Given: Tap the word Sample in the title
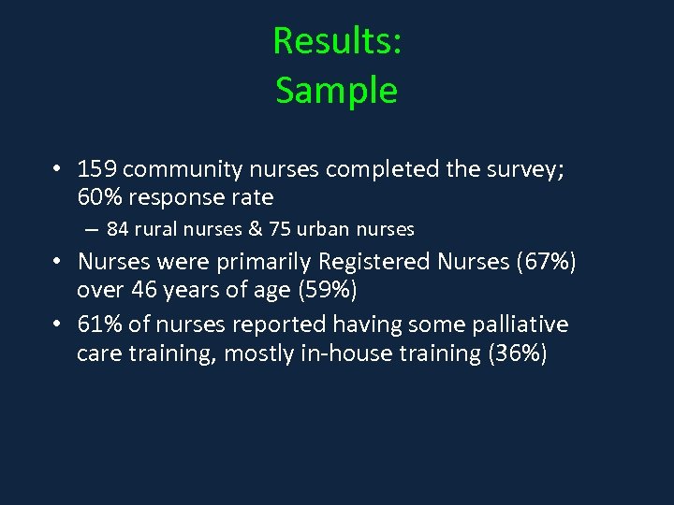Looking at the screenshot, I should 336,91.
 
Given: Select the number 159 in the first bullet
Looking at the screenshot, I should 97,169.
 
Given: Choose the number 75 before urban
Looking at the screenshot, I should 266,229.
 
